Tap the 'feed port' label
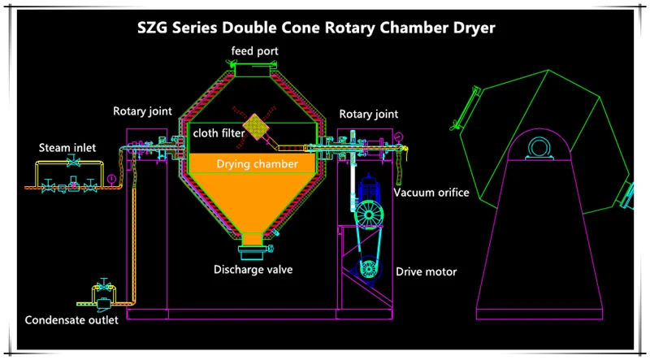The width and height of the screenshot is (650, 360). click(x=253, y=52)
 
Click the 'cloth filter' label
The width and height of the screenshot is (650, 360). click(x=219, y=132)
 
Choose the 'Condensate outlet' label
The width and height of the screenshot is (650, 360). click(x=71, y=319)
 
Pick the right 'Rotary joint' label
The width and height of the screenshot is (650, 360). click(x=368, y=114)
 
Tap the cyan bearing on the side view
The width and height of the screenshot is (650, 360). click(x=537, y=147)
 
